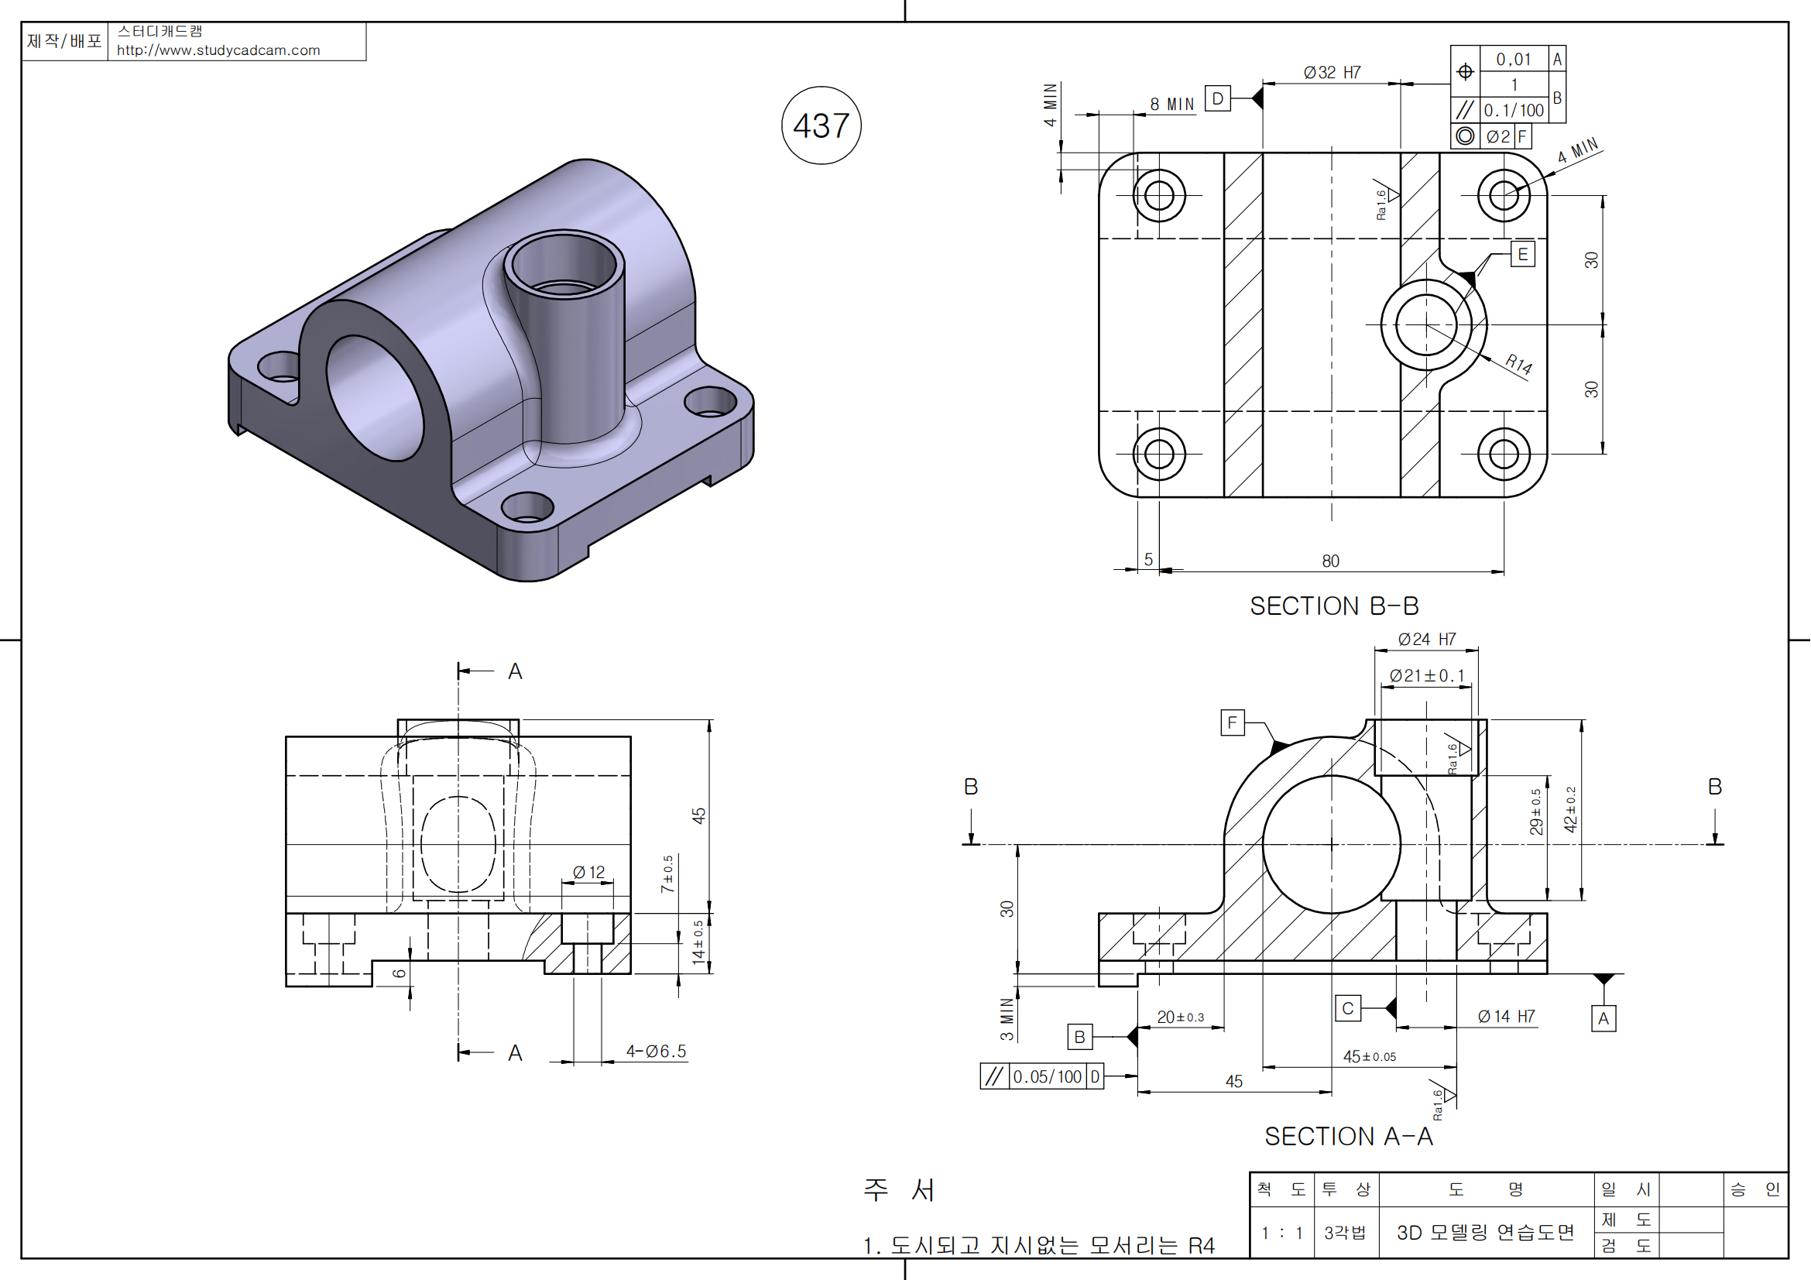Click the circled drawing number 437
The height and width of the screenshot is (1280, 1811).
click(x=821, y=126)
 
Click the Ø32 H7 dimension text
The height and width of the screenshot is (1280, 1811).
click(x=1333, y=73)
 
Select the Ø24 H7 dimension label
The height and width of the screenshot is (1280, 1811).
click(x=1427, y=639)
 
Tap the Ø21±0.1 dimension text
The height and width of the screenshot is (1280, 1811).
click(x=1427, y=676)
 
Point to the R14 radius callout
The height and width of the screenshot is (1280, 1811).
click(x=1518, y=364)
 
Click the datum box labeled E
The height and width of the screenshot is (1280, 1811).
click(x=1523, y=254)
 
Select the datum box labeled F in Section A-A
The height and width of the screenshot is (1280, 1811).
click(x=1232, y=722)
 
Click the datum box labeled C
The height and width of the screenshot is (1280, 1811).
click(x=1348, y=1008)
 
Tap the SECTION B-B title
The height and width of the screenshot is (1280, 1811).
click(x=1334, y=606)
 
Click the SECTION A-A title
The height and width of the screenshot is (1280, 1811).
click(x=1348, y=1137)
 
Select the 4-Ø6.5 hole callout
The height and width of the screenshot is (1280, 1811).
click(x=657, y=1052)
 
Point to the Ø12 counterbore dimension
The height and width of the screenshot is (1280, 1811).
click(x=588, y=872)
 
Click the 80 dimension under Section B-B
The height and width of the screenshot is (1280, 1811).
click(x=1331, y=561)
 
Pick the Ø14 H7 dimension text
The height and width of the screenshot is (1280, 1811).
click(x=1507, y=1017)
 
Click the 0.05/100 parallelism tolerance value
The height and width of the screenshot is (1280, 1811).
click(x=1047, y=1076)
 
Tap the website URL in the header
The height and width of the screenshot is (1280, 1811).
click(x=218, y=50)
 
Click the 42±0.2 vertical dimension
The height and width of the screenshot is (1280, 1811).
click(x=1570, y=810)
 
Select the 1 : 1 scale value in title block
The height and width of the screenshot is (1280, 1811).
click(x=1281, y=1233)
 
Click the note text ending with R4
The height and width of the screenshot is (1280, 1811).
click(x=1039, y=1245)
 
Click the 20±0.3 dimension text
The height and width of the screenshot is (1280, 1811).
click(x=1180, y=1017)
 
